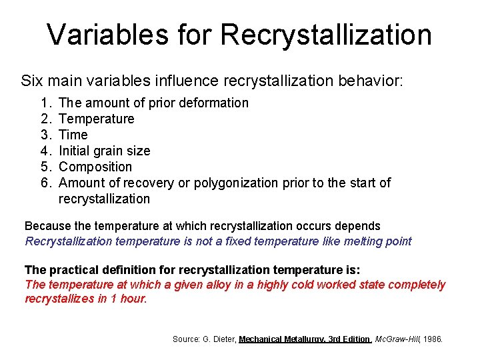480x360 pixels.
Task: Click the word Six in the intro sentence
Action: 31,81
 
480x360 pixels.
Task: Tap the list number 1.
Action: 45,103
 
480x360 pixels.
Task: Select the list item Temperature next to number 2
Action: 96,119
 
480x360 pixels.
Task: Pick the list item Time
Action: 73,135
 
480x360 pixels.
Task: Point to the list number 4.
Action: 45,151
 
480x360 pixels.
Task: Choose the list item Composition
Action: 95,167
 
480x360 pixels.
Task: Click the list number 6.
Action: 45,183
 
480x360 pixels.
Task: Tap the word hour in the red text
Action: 132,299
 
